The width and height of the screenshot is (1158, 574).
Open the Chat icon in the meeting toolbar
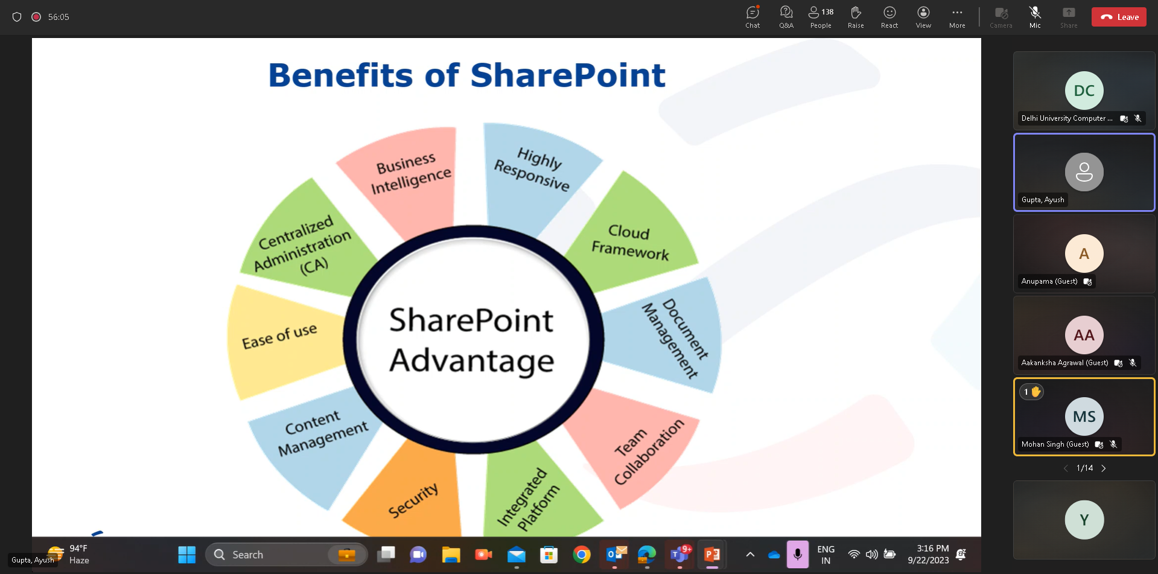pyautogui.click(x=752, y=17)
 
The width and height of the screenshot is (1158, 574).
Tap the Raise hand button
pyautogui.click(x=856, y=17)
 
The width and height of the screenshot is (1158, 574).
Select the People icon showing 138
pyautogui.click(x=821, y=17)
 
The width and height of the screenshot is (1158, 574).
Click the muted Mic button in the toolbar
pyautogui.click(x=1035, y=17)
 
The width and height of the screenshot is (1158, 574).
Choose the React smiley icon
pyautogui.click(x=889, y=17)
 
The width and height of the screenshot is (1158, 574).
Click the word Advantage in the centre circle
pyautogui.click(x=471, y=360)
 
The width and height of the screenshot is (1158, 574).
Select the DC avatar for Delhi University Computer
pyautogui.click(x=1084, y=91)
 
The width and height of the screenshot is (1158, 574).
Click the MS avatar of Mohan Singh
pyautogui.click(x=1084, y=416)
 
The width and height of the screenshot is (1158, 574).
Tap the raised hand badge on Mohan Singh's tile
pyautogui.click(x=1031, y=392)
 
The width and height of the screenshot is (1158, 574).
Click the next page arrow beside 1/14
pyautogui.click(x=1103, y=468)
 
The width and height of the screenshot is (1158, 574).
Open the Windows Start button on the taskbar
pyautogui.click(x=187, y=554)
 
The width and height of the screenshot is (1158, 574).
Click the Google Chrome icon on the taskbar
pyautogui.click(x=582, y=554)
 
